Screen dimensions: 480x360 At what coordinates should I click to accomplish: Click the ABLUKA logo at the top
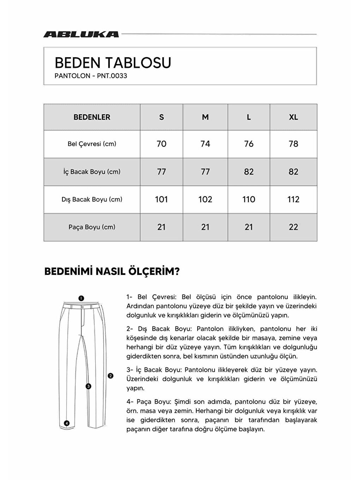pos(81,34)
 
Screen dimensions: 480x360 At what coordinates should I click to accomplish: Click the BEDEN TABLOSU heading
pos(113,63)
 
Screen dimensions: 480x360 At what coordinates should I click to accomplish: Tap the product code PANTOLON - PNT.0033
pos(91,76)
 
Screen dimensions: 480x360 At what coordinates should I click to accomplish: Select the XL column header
pos(293,117)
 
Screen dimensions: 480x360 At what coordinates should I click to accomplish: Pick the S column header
pos(161,117)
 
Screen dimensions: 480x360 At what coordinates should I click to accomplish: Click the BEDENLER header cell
pos(92,117)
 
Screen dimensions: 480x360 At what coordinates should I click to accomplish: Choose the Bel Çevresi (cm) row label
pos(92,144)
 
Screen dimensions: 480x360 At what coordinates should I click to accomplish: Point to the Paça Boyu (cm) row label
pos(92,227)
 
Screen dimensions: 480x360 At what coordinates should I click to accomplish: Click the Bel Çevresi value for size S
pos(161,144)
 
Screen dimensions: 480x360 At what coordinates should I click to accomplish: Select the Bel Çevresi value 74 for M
pos(205,144)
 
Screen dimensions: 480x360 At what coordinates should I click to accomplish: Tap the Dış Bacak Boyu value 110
pos(248,199)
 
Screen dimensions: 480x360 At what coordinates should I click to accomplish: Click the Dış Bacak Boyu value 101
pos(161,199)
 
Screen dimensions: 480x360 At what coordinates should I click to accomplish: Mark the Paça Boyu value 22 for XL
pos(293,227)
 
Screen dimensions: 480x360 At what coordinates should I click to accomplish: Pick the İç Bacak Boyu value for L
pos(248,172)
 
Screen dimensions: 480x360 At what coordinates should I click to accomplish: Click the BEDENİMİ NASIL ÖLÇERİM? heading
pos(112,271)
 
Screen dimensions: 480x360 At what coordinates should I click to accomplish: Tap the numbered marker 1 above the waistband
pos(81,298)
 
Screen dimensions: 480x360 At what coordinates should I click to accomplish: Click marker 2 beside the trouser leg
pos(110,376)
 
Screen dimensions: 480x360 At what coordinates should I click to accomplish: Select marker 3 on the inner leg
pos(89,386)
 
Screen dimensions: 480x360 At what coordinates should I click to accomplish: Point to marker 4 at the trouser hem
pos(67,423)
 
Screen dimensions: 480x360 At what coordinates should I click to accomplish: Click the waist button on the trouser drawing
pos(82,307)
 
